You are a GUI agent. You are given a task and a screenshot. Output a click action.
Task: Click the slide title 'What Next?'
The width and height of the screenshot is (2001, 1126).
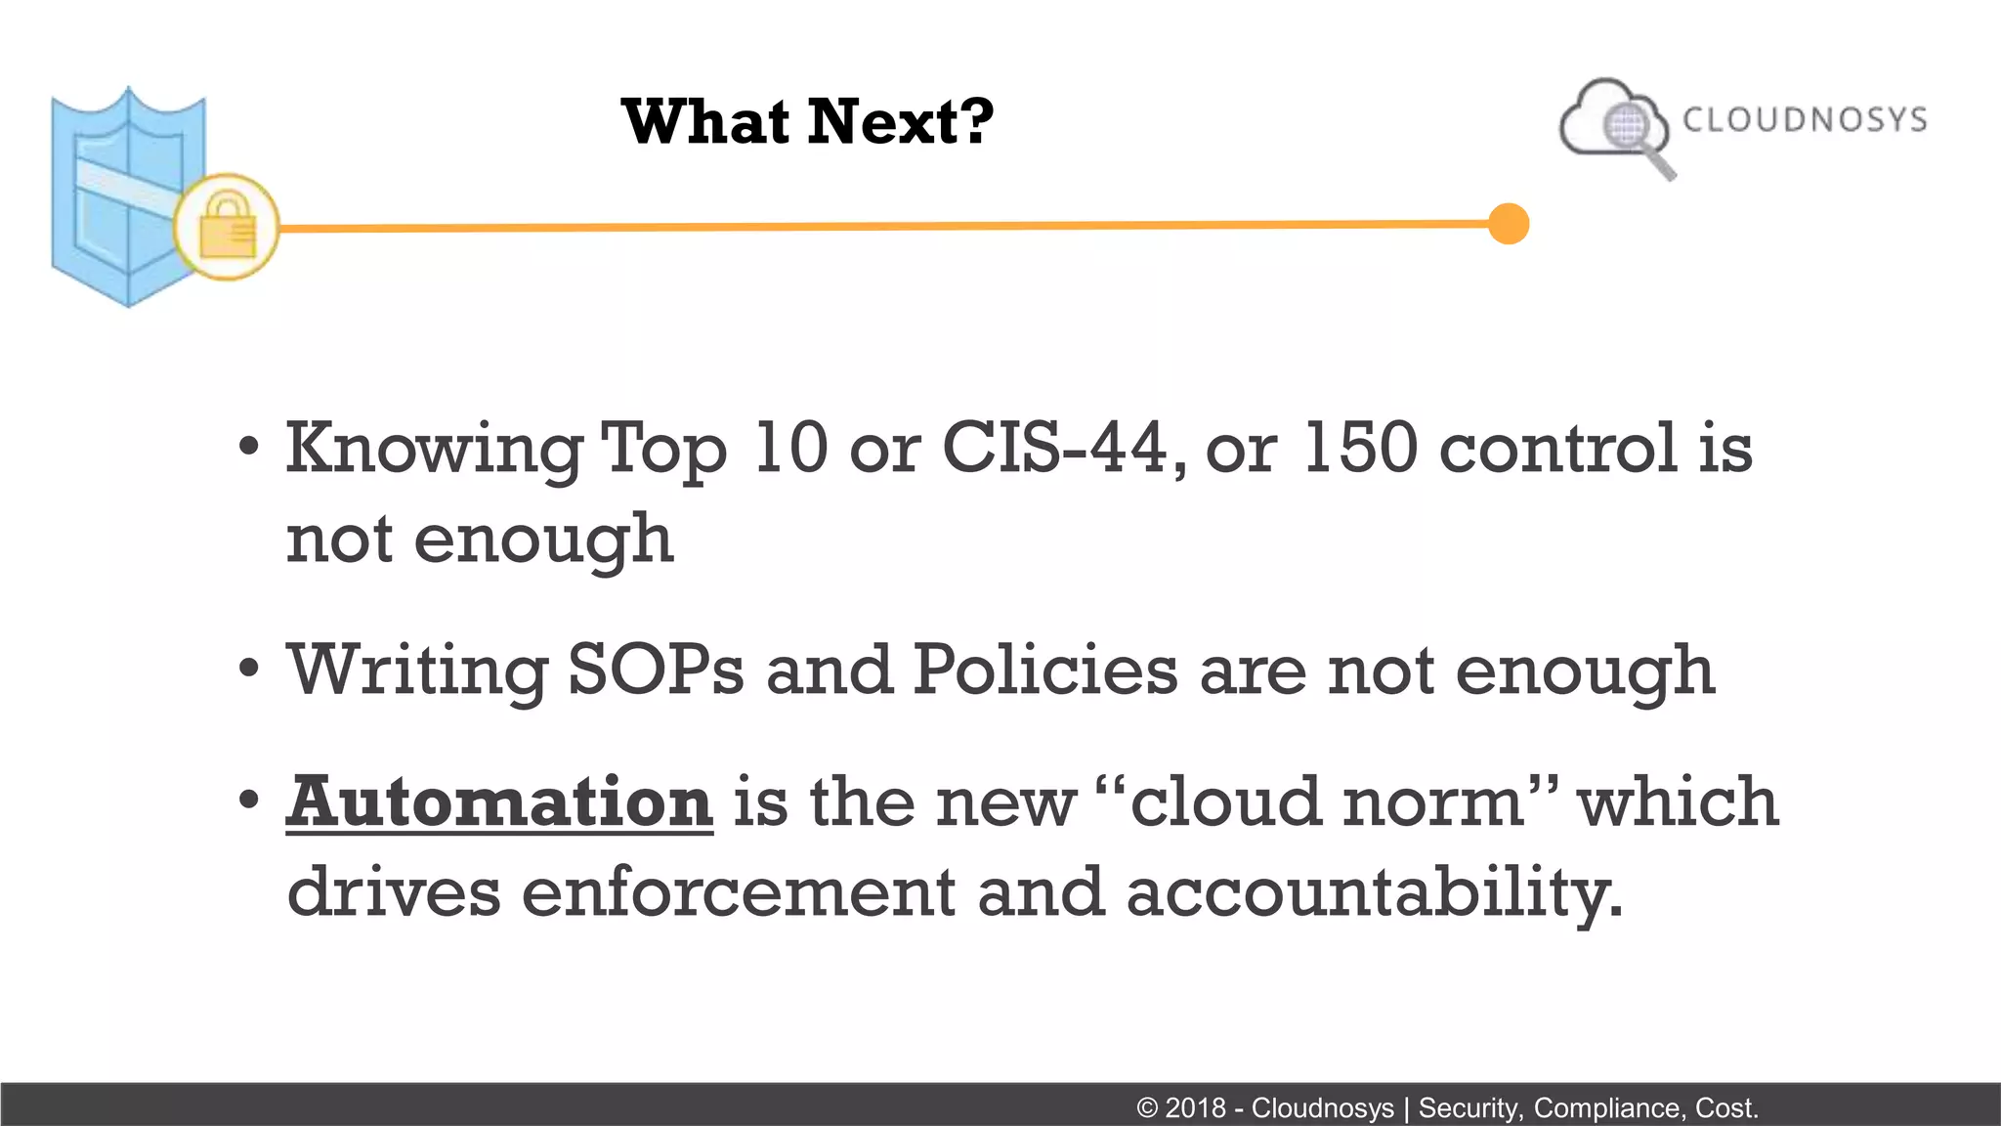pos(807,122)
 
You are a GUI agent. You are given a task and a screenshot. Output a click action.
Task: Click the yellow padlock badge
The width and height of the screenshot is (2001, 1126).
pos(227,227)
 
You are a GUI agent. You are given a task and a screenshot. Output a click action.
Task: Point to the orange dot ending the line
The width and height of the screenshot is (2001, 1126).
pos(1509,224)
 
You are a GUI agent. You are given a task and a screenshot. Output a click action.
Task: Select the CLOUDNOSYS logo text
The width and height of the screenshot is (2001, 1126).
pos(1805,119)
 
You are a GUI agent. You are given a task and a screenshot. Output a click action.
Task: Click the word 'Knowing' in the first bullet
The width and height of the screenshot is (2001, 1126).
pos(433,450)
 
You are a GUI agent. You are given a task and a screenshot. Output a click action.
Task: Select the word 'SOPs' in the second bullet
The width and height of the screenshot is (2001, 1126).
pos(656,671)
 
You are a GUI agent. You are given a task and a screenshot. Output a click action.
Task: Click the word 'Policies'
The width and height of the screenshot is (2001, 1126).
pos(1044,671)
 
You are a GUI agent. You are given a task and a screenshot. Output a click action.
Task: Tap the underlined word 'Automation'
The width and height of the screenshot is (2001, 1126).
pos(499,801)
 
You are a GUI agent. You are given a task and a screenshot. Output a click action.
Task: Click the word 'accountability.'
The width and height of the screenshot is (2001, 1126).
pos(1374,893)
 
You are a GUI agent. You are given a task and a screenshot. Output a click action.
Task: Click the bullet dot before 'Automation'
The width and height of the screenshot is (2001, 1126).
pos(249,800)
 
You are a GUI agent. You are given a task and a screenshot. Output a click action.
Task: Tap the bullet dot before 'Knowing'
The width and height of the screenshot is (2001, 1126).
pos(249,447)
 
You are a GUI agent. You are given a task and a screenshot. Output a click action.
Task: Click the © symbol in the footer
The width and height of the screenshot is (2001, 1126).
pos(1147,1108)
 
